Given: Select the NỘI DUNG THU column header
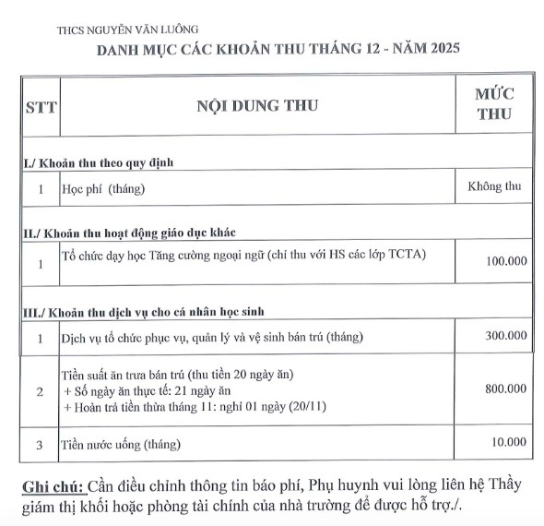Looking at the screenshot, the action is point(257,105).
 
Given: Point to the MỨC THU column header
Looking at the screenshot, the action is point(494,104).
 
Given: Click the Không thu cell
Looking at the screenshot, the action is point(495,186).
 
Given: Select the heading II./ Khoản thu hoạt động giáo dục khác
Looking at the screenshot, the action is point(135,232).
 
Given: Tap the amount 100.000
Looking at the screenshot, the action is point(506,261).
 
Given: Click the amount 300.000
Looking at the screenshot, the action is point(506,335).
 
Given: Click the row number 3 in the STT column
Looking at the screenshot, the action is point(40,445).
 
